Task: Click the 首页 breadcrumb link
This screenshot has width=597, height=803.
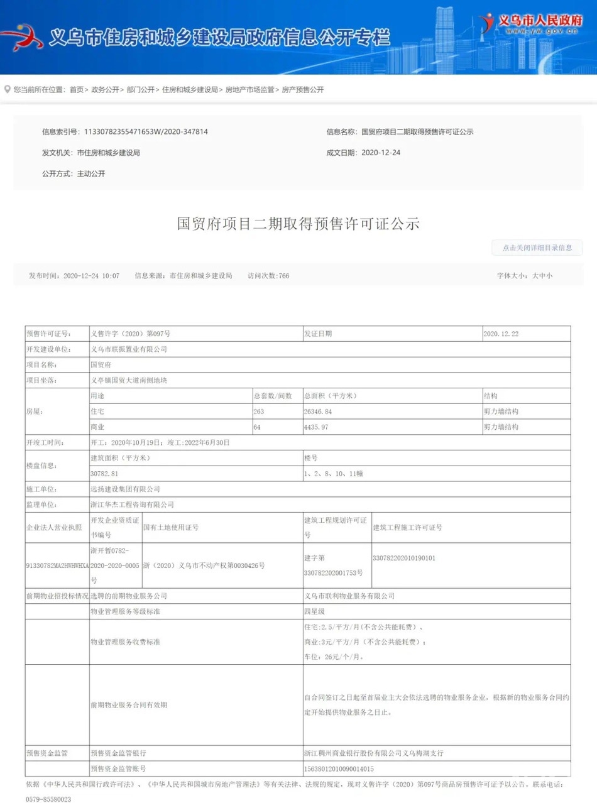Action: coord(76,90)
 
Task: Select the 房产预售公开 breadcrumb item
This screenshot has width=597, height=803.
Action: coord(302,90)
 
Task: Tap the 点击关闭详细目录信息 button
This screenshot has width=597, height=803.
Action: coord(537,248)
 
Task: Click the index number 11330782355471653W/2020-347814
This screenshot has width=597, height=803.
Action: coord(142,132)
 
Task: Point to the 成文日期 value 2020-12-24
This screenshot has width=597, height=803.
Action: coord(381,153)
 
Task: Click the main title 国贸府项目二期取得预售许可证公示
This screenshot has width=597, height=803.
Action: coord(298,224)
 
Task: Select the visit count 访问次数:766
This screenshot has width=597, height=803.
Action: coord(268,276)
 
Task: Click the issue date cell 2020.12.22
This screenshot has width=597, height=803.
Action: coord(501,334)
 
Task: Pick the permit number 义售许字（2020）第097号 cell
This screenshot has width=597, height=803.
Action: coord(131,334)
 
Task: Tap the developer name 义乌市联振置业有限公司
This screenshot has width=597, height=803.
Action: coord(129,349)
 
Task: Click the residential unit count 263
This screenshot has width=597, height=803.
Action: coord(260,412)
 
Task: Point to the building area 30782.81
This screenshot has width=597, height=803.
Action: coord(104,473)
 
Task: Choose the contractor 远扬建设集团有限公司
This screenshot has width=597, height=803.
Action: coord(126,488)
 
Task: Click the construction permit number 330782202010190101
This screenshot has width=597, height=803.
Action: coord(404,557)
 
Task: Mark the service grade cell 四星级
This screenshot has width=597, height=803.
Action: coord(314,611)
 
